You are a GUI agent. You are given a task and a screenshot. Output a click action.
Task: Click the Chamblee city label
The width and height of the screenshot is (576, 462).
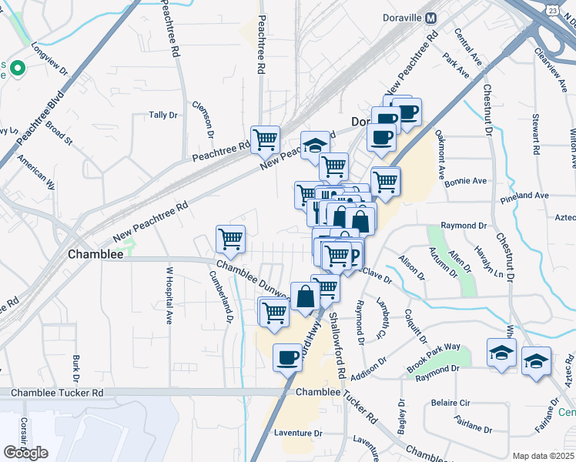tap(96, 254)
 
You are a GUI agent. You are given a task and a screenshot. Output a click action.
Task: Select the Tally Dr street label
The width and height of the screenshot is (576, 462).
tap(163, 115)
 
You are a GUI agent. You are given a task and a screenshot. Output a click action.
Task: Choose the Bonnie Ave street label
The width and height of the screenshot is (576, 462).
tap(470, 181)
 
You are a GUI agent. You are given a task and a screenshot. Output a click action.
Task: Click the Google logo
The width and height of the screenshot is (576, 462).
tap(25, 453)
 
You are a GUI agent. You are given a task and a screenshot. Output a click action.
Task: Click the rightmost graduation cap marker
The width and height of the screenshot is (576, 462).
tap(536, 360)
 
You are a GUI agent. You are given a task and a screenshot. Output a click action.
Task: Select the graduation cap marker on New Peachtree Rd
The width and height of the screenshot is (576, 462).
tap(314, 144)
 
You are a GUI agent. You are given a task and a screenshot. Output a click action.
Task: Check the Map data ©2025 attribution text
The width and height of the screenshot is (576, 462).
tap(544, 456)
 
